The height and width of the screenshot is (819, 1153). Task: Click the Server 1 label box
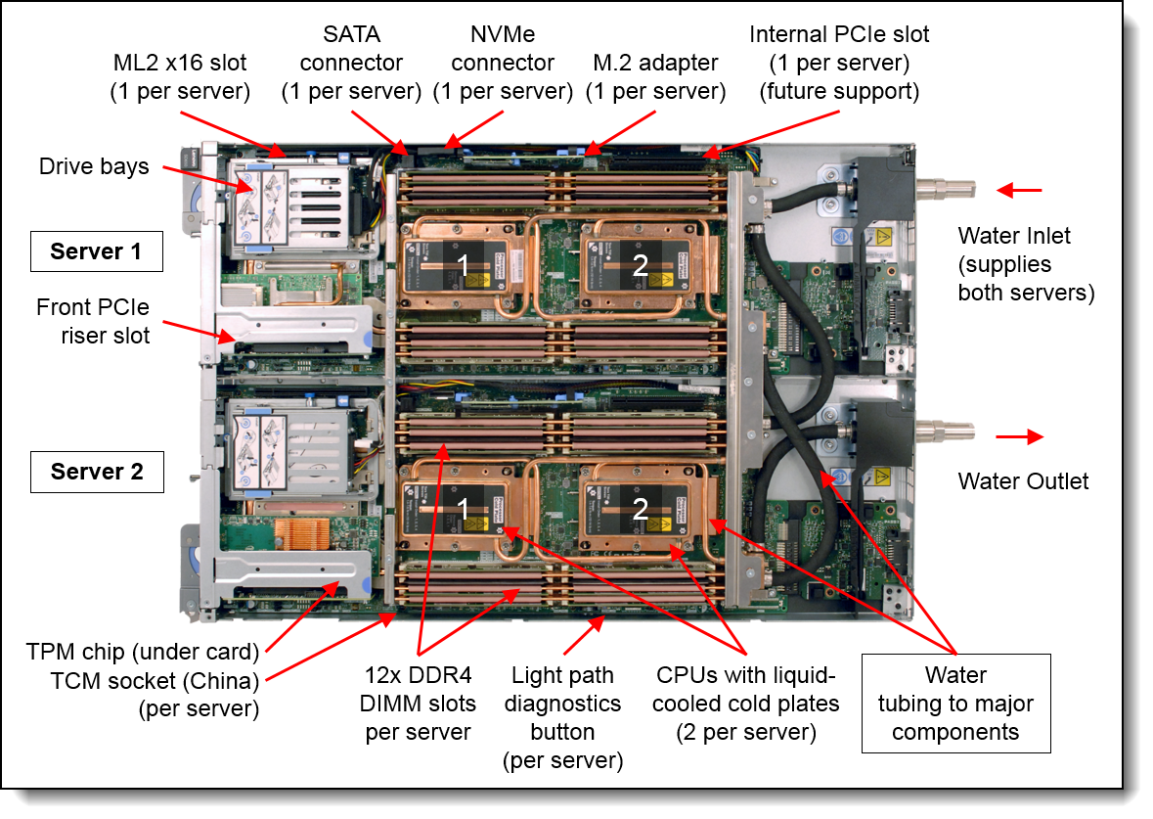pos(96,251)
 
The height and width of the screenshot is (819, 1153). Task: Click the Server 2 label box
pos(96,472)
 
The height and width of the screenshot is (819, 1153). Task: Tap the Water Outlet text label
pos(1023,480)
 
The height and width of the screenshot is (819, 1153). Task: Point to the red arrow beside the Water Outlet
pos(1019,436)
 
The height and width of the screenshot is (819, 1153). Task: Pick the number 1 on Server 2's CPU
pos(465,507)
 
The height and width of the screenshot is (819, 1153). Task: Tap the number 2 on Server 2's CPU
pos(639,507)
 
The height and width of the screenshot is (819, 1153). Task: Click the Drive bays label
pos(94,166)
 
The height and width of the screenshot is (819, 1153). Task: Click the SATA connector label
pos(351,77)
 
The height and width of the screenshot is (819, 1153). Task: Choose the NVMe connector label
pos(502,77)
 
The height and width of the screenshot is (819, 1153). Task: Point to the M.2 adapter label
pos(655,77)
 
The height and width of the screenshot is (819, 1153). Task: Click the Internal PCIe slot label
pos(839,63)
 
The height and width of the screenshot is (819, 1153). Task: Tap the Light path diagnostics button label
pos(562,717)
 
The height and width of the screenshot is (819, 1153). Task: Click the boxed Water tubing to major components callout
pos(955,704)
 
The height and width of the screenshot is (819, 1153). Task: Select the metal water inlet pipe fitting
pos(948,188)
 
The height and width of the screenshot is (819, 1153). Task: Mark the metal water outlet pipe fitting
pos(948,432)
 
